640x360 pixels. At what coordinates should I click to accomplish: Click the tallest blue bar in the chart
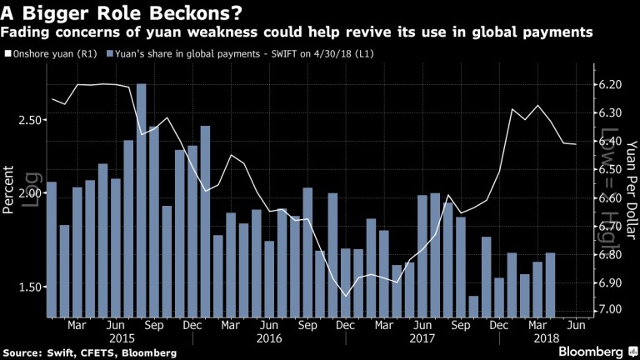click(141, 200)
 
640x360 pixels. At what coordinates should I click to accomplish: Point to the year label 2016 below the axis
click(269, 338)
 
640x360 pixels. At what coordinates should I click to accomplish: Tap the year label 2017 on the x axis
click(423, 338)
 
